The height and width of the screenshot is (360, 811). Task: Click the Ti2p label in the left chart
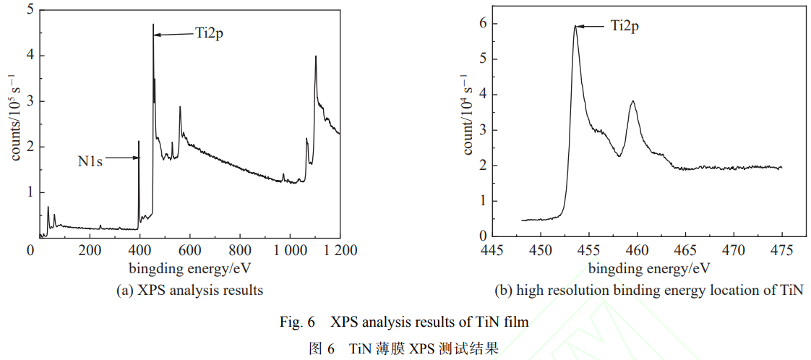click(x=209, y=33)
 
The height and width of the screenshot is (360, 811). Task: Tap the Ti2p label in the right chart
click(x=625, y=26)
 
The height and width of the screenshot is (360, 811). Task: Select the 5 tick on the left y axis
click(x=30, y=10)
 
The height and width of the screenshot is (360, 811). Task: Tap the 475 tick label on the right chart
click(x=781, y=250)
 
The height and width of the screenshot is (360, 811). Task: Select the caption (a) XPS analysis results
click(x=189, y=291)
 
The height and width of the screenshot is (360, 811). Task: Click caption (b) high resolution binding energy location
click(x=648, y=291)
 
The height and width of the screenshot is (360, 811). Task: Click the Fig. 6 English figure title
click(x=404, y=322)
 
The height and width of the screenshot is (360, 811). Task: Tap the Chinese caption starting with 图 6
click(x=404, y=348)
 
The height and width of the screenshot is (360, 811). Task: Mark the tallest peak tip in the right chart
click(x=575, y=26)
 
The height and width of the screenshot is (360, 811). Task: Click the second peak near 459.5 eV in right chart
click(x=633, y=101)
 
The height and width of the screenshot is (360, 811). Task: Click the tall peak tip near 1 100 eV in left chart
click(x=316, y=56)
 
